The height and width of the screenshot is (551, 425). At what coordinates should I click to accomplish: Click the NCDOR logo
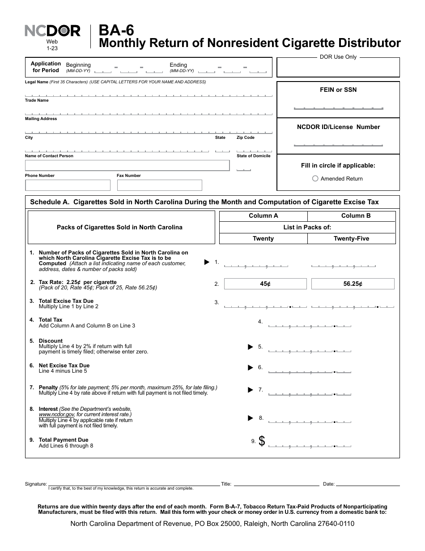52,31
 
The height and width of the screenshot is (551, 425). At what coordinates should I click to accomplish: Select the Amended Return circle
315,179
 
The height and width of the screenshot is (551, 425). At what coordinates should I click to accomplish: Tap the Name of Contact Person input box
127,165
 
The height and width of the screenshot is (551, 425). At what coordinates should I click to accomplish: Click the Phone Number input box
68,185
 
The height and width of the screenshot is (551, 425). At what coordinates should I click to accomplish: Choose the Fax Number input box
159,185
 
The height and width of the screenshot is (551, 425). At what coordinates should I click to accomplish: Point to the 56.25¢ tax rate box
353,284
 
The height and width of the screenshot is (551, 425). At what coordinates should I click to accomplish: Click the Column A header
263,216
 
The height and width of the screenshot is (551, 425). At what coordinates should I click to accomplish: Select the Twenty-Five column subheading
351,239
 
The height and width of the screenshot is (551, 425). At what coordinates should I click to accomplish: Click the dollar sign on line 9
262,441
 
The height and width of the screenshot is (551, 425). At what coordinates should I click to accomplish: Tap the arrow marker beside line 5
251,347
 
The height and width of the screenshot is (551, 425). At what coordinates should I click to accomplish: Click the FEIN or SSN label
338,90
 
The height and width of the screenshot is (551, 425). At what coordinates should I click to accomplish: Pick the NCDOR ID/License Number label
338,127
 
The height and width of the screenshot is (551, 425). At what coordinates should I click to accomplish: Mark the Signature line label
36,484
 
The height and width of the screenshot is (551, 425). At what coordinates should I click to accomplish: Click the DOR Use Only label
338,57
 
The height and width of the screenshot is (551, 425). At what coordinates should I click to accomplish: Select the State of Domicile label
253,156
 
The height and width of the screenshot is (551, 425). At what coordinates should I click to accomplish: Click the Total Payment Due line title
64,440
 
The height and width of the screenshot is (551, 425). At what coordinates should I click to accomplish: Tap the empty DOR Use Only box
338,69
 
